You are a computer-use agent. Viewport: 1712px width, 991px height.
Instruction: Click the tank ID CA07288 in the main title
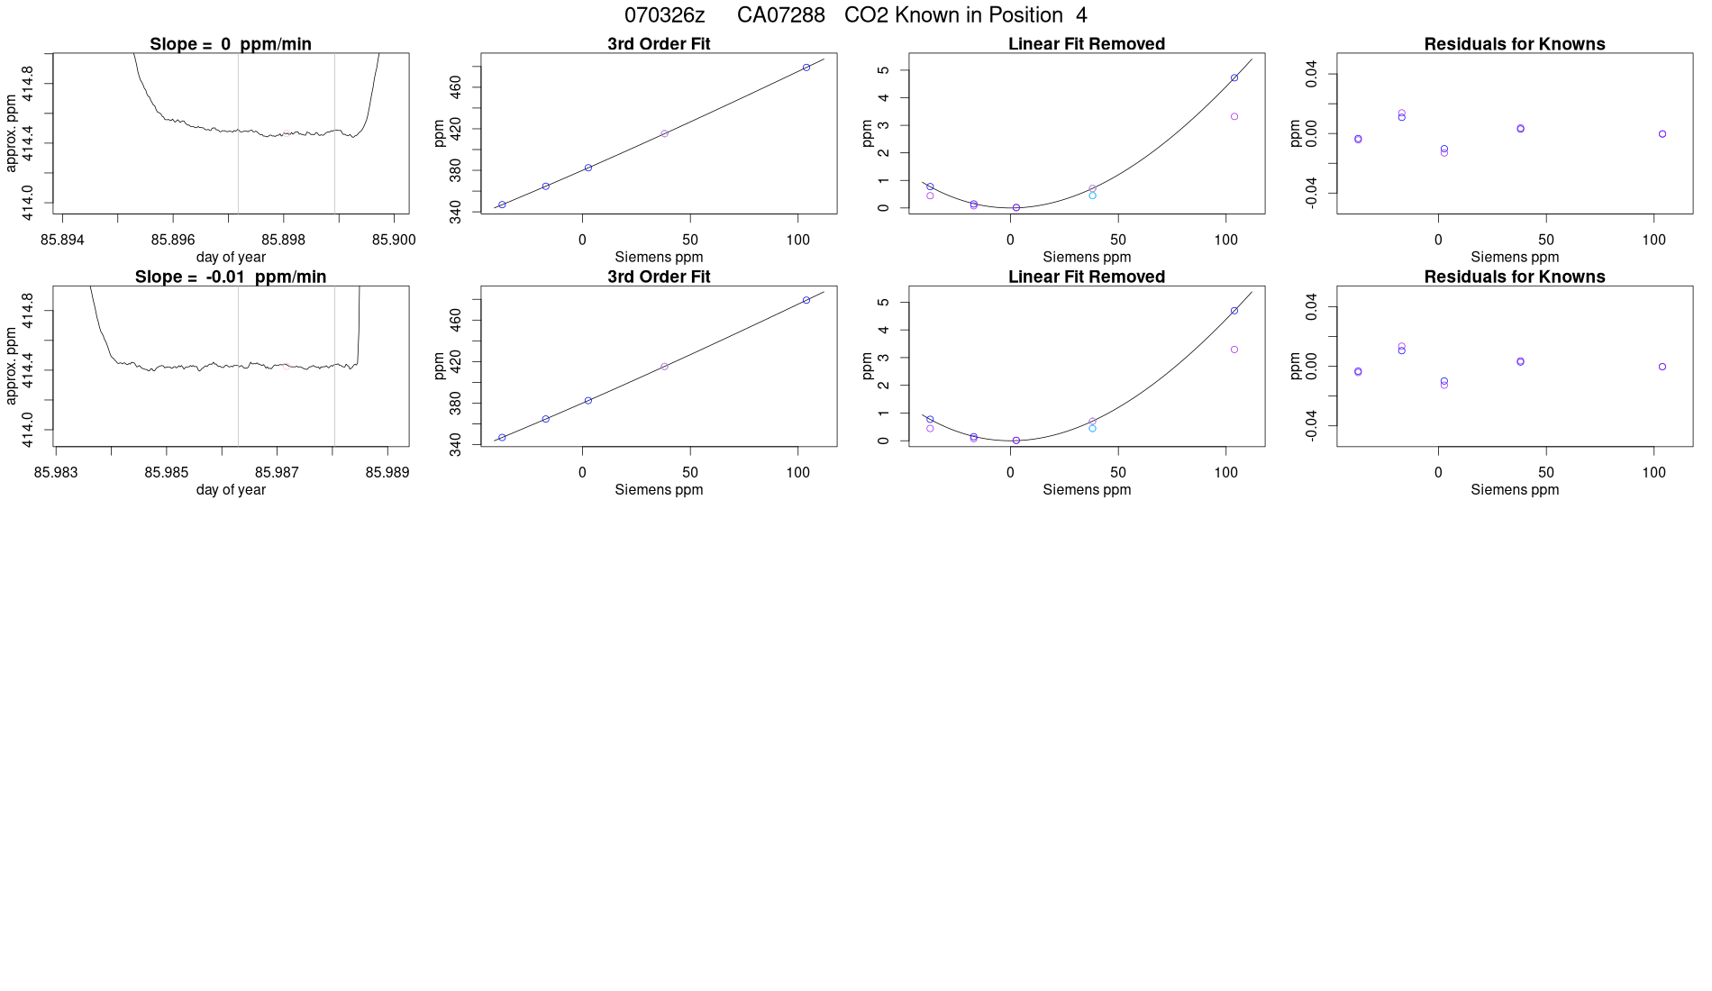tap(780, 15)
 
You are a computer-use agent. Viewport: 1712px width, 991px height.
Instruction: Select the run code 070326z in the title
tap(664, 15)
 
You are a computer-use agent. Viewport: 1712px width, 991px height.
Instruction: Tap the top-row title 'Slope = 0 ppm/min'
tap(231, 44)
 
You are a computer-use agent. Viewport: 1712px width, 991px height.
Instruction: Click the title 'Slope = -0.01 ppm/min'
tap(231, 277)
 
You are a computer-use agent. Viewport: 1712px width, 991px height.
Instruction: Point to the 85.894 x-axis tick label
tap(62, 240)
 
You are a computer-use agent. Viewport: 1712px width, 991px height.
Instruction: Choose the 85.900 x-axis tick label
tap(394, 240)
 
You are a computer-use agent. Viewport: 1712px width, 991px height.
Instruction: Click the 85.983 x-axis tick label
tap(56, 472)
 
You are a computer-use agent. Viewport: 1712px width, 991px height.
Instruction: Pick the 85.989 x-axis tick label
tap(387, 472)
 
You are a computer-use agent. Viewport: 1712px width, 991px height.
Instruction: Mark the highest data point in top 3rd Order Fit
tap(806, 68)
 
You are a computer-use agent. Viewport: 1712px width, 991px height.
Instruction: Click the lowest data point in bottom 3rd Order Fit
tap(502, 438)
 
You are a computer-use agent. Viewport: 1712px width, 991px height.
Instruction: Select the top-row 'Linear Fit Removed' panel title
tap(1087, 44)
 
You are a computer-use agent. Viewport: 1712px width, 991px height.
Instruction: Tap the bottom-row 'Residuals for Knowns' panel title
tap(1515, 277)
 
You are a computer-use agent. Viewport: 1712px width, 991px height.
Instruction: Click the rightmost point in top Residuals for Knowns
tap(1662, 134)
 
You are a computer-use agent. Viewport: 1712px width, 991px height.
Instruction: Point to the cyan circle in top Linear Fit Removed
tap(1093, 195)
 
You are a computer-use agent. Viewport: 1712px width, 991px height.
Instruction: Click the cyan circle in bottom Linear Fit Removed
tap(1093, 429)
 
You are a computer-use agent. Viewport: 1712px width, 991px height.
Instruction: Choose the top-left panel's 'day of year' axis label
tap(231, 257)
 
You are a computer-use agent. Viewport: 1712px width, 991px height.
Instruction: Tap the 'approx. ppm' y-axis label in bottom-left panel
tap(11, 366)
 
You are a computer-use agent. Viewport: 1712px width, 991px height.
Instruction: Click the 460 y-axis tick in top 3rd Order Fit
tap(455, 87)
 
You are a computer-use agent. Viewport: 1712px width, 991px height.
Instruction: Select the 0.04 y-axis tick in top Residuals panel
tap(1311, 74)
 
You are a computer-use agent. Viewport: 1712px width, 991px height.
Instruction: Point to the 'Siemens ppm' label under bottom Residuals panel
tap(1515, 489)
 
